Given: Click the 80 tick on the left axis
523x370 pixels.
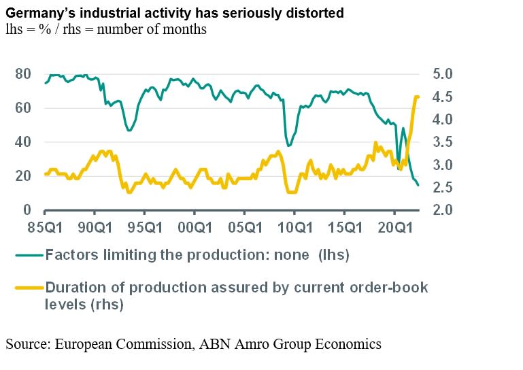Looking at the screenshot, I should (x=22, y=73).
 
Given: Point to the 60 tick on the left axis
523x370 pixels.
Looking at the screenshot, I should (x=22, y=107).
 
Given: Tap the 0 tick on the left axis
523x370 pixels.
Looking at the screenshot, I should (x=27, y=209).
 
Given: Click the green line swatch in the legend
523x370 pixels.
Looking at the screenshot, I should (x=28, y=255).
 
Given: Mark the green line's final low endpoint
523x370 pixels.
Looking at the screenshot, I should (x=419, y=185).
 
